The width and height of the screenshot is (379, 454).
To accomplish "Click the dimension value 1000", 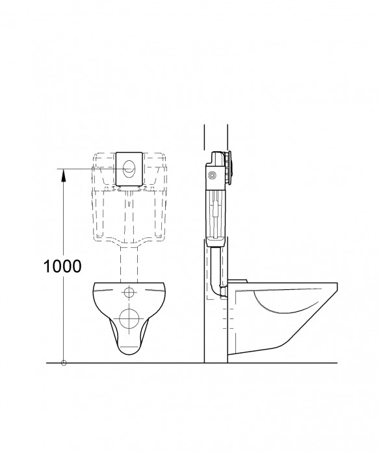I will (63, 266).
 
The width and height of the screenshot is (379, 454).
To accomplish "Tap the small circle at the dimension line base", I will (63, 363).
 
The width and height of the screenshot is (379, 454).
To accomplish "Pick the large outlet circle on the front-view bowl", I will (131, 318).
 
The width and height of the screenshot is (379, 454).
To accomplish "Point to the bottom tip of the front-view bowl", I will (131, 353).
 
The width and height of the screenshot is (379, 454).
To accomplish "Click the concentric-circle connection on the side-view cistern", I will (215, 175).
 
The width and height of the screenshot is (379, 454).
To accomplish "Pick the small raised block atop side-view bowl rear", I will (238, 281).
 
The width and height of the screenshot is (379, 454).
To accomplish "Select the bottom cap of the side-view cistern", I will (215, 243).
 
